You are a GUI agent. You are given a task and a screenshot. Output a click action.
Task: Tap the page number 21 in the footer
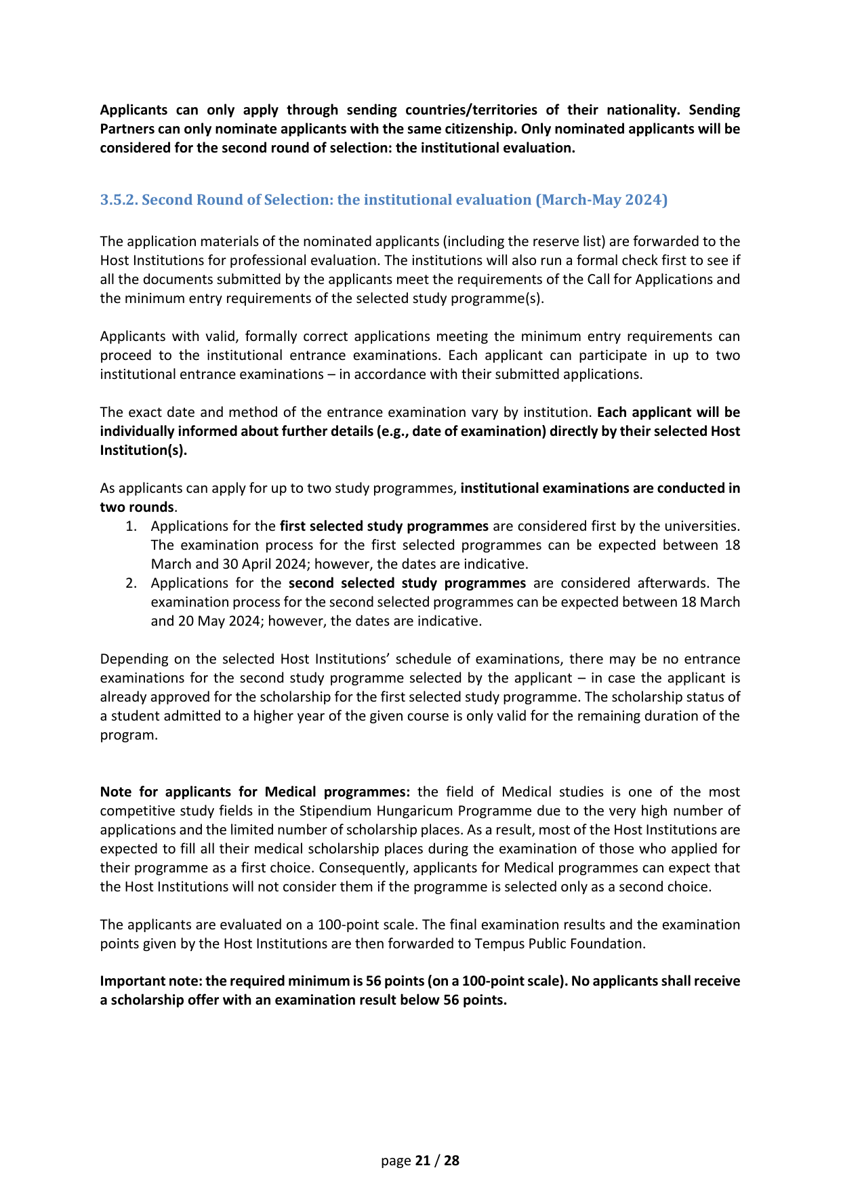coord(423,1161)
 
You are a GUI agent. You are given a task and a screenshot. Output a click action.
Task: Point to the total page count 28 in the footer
coord(451,1161)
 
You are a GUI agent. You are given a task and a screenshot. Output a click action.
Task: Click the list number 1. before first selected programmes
coord(131,527)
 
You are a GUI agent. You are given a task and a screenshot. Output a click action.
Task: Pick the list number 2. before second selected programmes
coord(131,584)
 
